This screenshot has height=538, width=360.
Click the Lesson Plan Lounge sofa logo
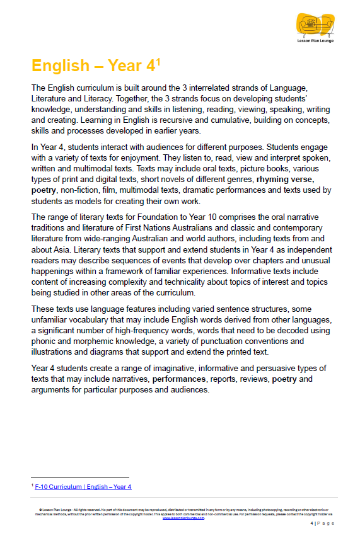pos(315,26)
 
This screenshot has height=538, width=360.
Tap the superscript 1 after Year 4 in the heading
pos(160,62)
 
